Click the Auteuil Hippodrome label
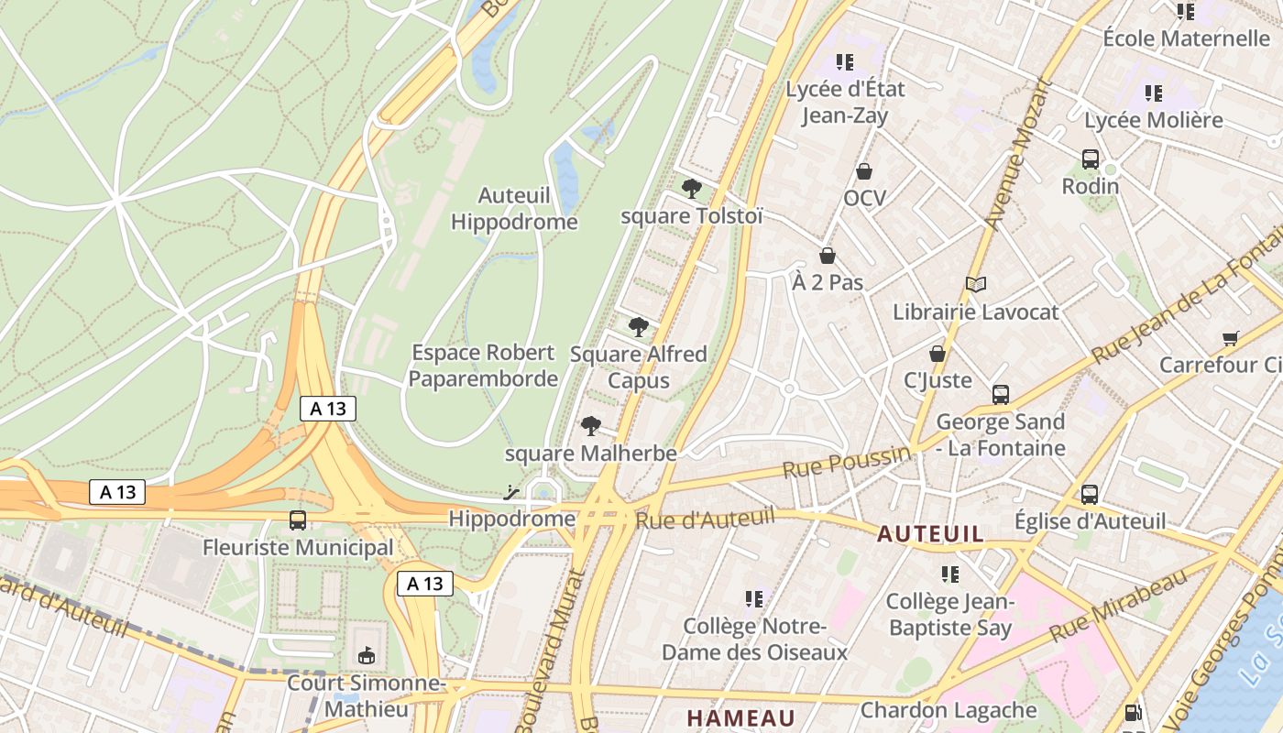[x=514, y=209]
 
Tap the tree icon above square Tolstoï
[x=692, y=189]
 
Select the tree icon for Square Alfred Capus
[x=639, y=326]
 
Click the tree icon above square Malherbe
[x=591, y=425]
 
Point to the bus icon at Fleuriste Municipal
[x=298, y=520]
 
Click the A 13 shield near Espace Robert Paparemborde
[x=328, y=409]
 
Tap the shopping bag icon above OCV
[x=864, y=171]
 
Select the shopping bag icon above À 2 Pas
[x=828, y=256]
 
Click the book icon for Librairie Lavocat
[x=976, y=285]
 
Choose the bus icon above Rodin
[x=1091, y=159]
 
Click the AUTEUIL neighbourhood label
[x=931, y=533]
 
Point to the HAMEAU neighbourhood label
[x=740, y=717]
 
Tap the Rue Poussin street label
[x=848, y=462]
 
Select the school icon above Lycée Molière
[x=1154, y=93]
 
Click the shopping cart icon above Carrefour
[x=1231, y=338]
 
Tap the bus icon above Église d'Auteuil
[x=1090, y=495]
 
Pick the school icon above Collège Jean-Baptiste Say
[x=950, y=574]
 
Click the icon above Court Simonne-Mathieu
[x=367, y=655]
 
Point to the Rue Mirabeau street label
[x=1119, y=605]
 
